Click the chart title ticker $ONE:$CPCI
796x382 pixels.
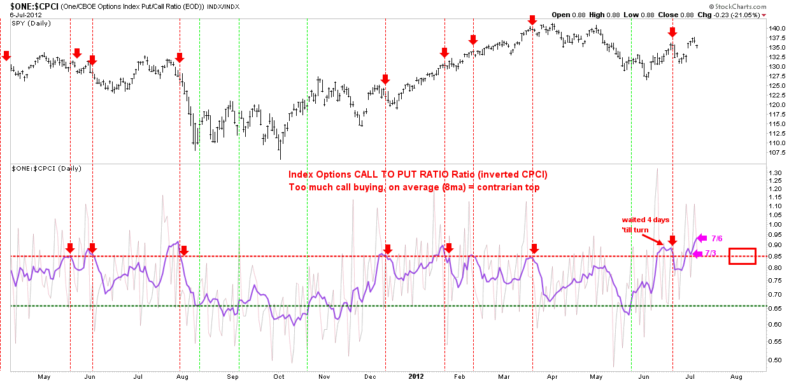coord(34,6)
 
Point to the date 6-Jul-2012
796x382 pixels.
coord(25,15)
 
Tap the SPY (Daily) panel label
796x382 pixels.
coord(31,23)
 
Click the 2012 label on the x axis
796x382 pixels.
coord(416,376)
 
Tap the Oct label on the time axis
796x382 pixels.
coord(279,377)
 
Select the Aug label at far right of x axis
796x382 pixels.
coord(736,377)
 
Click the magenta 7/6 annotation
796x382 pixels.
coord(717,239)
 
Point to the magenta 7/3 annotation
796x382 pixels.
coord(711,253)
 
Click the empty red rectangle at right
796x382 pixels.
coord(729,256)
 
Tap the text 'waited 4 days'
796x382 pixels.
coord(645,220)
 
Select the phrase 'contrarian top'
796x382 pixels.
coord(508,187)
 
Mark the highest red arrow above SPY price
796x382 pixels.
coord(532,20)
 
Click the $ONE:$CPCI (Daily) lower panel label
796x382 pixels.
coord(46,169)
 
